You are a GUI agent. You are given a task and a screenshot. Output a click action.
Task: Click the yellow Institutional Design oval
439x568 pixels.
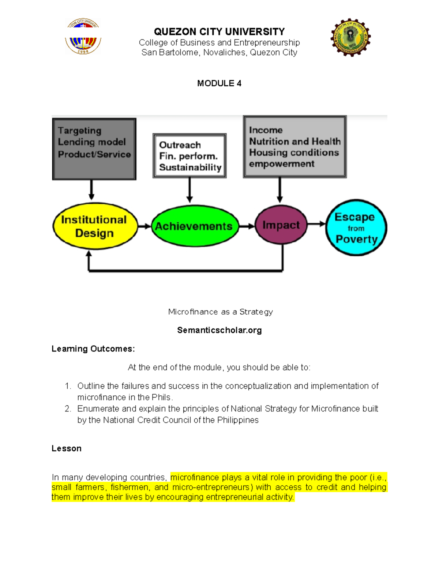pyautogui.click(x=95, y=226)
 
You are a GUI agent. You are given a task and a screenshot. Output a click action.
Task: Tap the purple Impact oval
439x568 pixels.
pyautogui.click(x=281, y=225)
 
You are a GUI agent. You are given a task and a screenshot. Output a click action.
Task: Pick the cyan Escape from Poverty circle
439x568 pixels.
pyautogui.click(x=356, y=227)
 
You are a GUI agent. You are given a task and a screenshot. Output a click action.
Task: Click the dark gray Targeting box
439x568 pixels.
pyautogui.click(x=94, y=148)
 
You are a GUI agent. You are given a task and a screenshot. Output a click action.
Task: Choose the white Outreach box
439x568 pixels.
pyautogui.click(x=190, y=156)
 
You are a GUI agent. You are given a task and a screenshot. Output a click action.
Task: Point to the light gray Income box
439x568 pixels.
pyautogui.click(x=294, y=147)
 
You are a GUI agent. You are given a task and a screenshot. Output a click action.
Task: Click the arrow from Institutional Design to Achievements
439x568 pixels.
pyautogui.click(x=145, y=226)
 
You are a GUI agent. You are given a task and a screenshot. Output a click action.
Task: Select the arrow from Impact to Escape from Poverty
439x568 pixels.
pyautogui.click(x=316, y=224)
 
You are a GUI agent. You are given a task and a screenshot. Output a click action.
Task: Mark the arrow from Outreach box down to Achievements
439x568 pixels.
pyautogui.click(x=190, y=190)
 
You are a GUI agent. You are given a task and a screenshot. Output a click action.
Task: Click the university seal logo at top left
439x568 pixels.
pyautogui.click(x=83, y=36)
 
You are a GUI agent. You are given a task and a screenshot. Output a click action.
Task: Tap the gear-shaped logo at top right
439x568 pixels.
pyautogui.click(x=350, y=37)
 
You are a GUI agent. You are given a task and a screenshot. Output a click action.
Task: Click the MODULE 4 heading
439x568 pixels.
pyautogui.click(x=219, y=83)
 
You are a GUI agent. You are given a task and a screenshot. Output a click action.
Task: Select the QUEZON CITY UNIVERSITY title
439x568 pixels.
pyautogui.click(x=219, y=31)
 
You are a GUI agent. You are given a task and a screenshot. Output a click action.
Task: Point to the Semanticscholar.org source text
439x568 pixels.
pyautogui.click(x=219, y=330)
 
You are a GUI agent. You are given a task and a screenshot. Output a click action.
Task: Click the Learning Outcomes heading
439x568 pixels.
pyautogui.click(x=93, y=349)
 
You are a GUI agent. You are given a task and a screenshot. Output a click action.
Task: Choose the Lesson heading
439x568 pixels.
pyautogui.click(x=66, y=448)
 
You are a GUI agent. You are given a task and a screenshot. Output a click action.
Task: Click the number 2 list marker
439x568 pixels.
pyautogui.click(x=68, y=409)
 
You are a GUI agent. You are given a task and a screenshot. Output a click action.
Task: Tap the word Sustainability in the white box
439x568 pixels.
pyautogui.click(x=190, y=168)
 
